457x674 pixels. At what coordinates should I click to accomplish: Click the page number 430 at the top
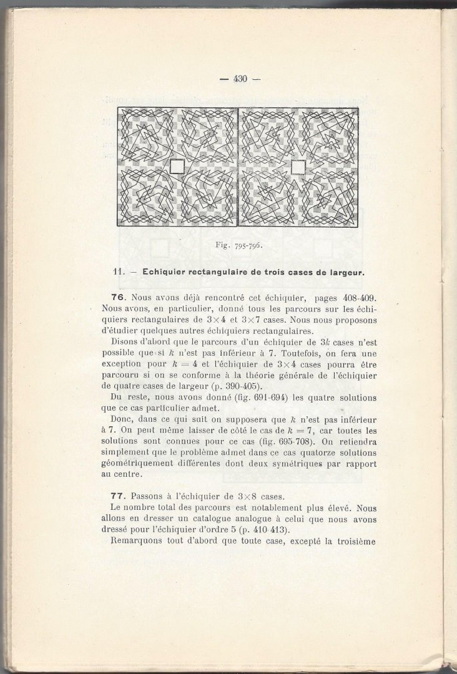point(240,79)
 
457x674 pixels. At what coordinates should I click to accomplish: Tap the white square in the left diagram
point(177,167)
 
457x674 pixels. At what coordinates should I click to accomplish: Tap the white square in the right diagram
point(298,167)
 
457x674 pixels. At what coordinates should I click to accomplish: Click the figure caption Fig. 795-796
point(237,245)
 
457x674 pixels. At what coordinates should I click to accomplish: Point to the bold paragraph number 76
point(119,298)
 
